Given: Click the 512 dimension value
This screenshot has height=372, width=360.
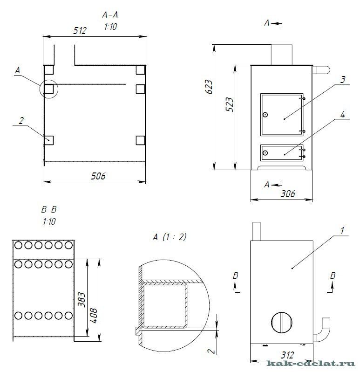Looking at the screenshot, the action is pos(80,31).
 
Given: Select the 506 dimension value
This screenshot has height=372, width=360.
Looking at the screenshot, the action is pos(98,176).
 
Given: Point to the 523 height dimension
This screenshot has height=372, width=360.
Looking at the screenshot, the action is pos(229,104).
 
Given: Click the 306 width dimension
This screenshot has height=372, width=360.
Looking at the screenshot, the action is pos(288,194).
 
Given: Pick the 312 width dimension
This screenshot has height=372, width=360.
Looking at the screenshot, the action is pos(287,355).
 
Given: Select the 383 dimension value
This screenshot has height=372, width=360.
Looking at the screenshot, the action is pos(82,299).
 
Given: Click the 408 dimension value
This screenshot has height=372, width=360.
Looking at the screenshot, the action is pos(94,316).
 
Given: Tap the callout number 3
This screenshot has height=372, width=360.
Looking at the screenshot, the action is pos(343,80).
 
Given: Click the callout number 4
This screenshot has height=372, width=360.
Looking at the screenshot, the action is pos(343,115).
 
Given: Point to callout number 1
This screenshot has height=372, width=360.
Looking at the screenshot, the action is pos(342,231).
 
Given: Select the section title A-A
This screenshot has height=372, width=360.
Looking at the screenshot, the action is pos(110,15).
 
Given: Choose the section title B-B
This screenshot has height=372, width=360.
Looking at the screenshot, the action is pos(49,209).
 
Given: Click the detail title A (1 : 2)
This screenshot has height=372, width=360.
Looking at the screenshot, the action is pos(170,237).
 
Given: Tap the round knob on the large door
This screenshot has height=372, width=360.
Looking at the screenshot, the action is pos(265,115).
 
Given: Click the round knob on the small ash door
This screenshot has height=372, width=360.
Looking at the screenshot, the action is pos(265,152).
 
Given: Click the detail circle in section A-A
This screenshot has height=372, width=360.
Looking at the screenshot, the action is pos(41,89).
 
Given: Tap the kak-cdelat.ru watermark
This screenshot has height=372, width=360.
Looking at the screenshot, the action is pos(311,364).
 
